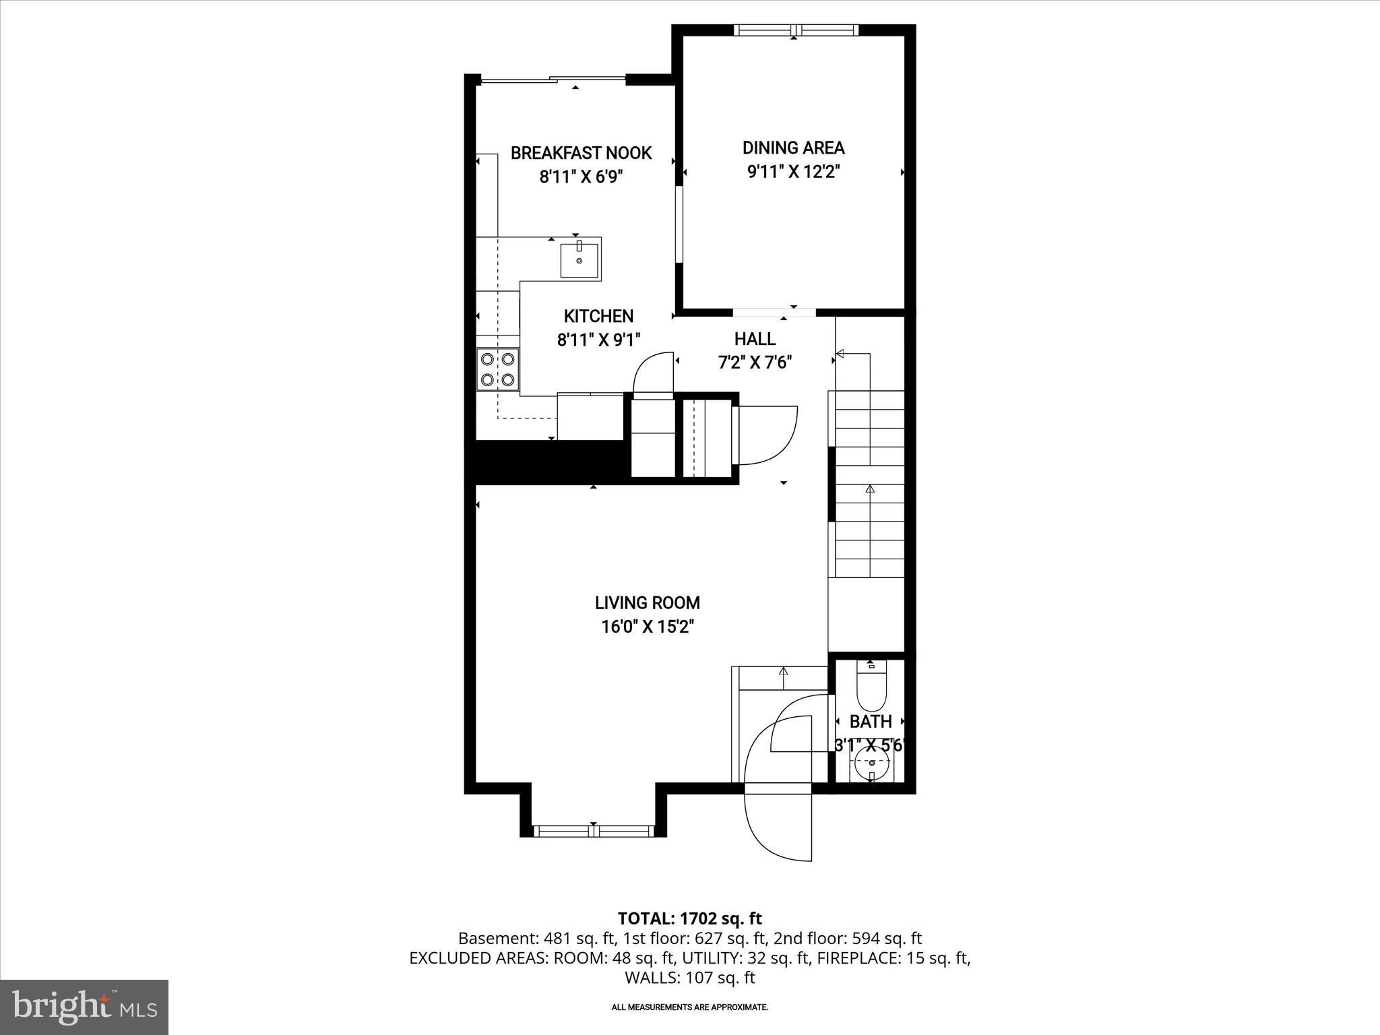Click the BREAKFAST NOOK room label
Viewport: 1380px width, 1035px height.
tap(581, 153)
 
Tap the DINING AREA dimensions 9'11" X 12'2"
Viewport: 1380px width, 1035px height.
tap(793, 172)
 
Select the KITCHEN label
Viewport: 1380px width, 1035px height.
tap(598, 316)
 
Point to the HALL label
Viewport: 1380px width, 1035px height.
tap(755, 339)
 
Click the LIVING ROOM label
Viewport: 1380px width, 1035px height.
tap(647, 602)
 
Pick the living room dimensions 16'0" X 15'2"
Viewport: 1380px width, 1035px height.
tap(647, 627)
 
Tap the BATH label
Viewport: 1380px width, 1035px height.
tap(871, 722)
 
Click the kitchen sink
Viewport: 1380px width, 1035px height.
tap(579, 260)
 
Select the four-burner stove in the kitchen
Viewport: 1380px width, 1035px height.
tap(498, 369)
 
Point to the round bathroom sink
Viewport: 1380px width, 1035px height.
tap(872, 763)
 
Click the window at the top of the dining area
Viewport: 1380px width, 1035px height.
tap(796, 30)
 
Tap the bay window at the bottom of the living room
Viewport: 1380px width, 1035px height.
tap(593, 831)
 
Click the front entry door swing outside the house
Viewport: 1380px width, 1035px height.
tap(778, 825)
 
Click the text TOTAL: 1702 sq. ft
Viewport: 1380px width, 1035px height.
tap(689, 918)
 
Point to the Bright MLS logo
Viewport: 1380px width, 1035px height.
tap(84, 1007)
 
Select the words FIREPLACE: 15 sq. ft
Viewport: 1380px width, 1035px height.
tap(893, 958)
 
